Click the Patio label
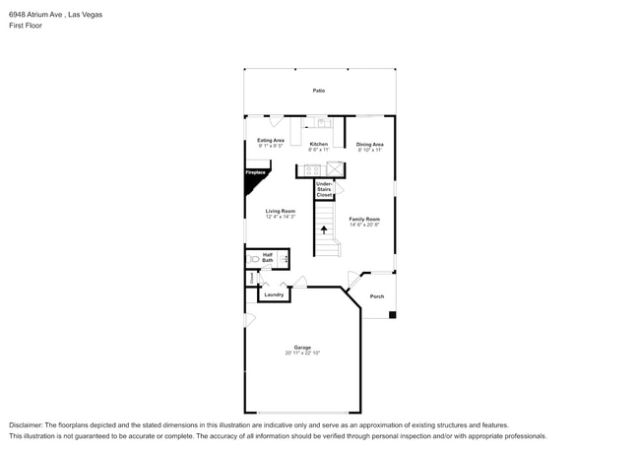tap(319, 91)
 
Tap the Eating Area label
tap(271, 141)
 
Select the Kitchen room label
tap(319, 145)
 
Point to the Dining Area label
tap(370, 145)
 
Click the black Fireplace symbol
tap(255, 174)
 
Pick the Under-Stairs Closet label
tap(324, 190)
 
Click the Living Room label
tap(281, 211)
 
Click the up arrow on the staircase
tap(324, 229)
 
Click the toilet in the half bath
tap(254, 259)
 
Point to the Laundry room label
tap(274, 294)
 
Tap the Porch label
tap(376, 296)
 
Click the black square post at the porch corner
tap(392, 315)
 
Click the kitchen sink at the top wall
tap(320, 123)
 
